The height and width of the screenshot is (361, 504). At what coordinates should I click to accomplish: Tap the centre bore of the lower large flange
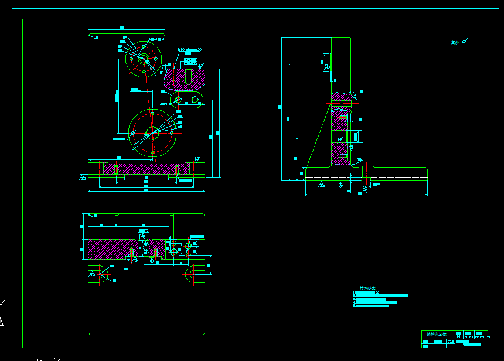(x=152, y=132)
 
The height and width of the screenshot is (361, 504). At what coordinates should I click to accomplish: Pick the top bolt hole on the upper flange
(x=144, y=43)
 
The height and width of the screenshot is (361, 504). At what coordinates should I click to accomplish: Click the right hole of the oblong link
(x=194, y=99)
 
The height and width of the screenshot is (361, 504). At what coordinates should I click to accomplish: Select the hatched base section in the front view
(x=147, y=168)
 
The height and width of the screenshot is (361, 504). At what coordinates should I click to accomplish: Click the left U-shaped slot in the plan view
(x=105, y=273)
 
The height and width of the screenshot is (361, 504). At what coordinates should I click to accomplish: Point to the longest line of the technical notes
(x=381, y=295)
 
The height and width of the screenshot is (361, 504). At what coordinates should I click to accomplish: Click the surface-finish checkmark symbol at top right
(x=465, y=41)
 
